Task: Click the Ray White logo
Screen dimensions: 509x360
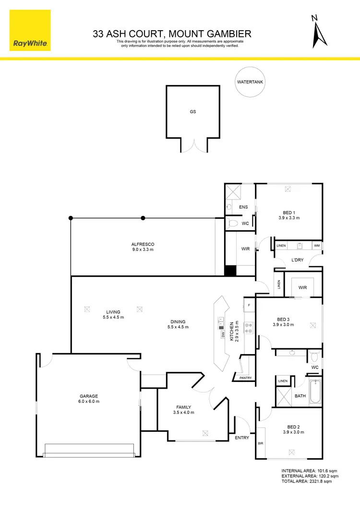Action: (29, 29)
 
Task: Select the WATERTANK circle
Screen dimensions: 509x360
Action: (250, 82)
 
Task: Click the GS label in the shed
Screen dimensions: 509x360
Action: (193, 111)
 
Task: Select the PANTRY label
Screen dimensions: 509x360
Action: (245, 378)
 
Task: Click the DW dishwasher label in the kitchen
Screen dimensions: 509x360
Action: (223, 334)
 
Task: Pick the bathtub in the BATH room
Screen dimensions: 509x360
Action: (315, 391)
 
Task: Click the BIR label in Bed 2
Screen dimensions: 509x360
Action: (261, 444)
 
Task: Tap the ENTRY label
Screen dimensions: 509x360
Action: (241, 438)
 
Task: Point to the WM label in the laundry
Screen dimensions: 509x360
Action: (316, 246)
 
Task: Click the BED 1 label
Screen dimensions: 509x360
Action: (289, 213)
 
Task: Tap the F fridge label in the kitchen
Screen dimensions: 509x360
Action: (249, 305)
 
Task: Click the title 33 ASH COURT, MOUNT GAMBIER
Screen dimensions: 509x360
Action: (172, 34)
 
